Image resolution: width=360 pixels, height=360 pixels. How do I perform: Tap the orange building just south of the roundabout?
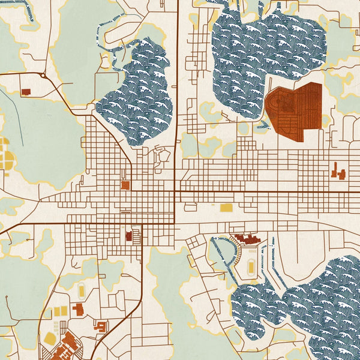pos(26,92)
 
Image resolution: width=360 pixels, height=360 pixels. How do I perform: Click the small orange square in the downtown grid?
pos(125,185)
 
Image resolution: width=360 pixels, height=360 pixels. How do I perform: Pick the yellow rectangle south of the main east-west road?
pos(226,208)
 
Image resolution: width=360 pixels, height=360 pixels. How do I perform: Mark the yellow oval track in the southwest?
pos(81,291)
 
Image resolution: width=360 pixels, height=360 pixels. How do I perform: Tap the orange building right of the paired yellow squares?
pos(79,310)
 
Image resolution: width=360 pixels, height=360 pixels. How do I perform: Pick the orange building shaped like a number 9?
pos(101,326)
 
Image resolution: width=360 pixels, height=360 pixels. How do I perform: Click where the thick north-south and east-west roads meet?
pos(175,192)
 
